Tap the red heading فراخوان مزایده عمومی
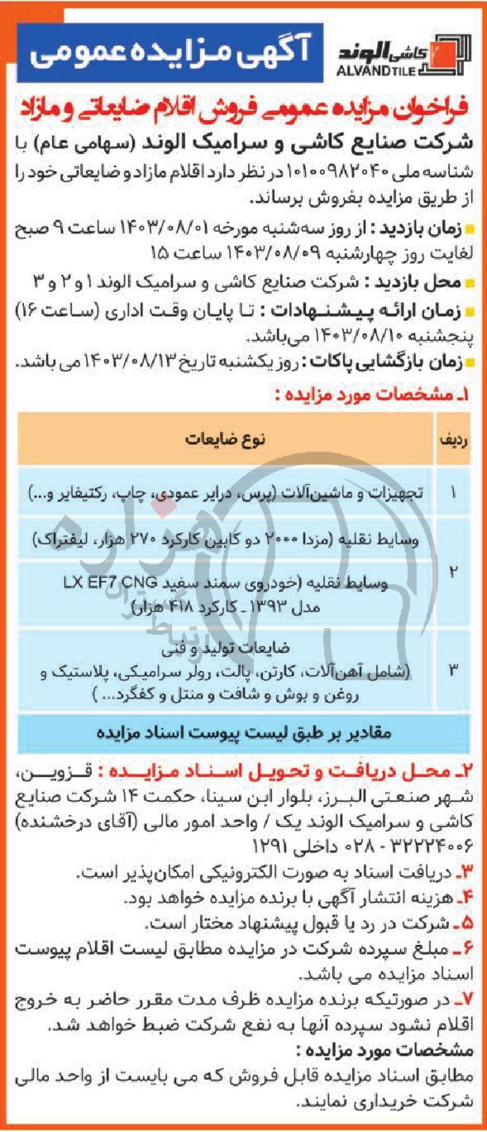[x=244, y=108]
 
